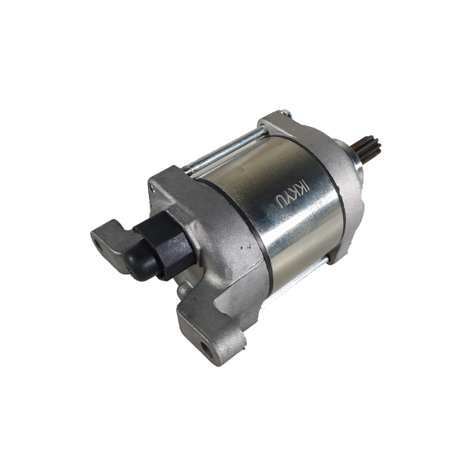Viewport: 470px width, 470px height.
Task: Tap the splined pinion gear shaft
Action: [370, 149]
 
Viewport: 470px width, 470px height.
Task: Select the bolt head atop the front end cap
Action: [284, 114]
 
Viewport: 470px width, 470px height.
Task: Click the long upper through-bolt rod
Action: [224, 150]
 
